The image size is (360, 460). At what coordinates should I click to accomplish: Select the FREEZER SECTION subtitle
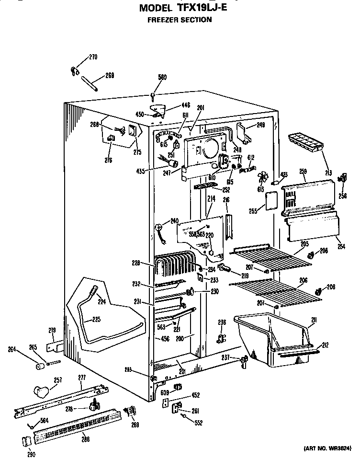click(180, 20)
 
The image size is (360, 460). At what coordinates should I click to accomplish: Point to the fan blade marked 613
click(262, 178)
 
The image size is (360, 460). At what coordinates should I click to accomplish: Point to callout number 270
click(93, 57)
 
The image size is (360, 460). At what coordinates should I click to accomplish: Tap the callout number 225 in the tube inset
click(96, 319)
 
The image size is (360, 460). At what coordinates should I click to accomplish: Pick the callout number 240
click(174, 221)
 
